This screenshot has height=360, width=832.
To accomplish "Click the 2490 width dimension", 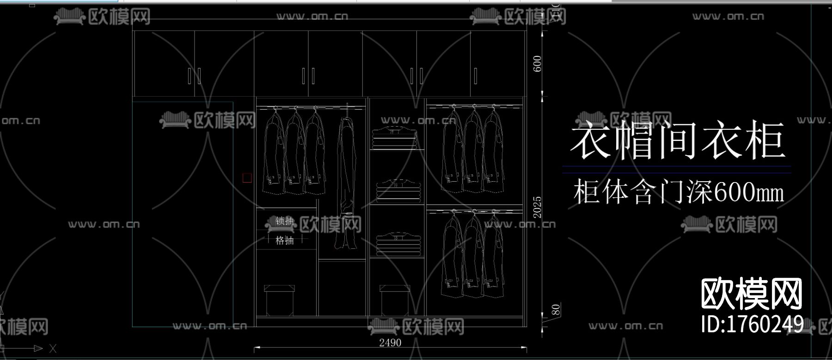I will click(390, 343).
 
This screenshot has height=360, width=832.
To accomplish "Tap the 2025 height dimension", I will click(537, 207).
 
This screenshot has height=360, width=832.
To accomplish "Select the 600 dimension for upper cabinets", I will click(537, 64).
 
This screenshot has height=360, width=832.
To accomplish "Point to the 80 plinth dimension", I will click(556, 310).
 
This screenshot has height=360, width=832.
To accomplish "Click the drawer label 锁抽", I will click(285, 221).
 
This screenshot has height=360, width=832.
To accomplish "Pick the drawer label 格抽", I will click(285, 240).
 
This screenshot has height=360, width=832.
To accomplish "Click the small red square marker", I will click(247, 178).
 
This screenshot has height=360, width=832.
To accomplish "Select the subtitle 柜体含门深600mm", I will click(678, 192).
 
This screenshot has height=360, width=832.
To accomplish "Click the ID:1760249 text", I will click(752, 324).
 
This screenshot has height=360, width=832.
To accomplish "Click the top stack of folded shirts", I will click(395, 138).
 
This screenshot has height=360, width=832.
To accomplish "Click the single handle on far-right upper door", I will click(475, 76).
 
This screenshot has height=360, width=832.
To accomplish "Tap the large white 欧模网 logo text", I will click(752, 294).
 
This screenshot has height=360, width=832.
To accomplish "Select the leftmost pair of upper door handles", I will click(194, 76).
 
